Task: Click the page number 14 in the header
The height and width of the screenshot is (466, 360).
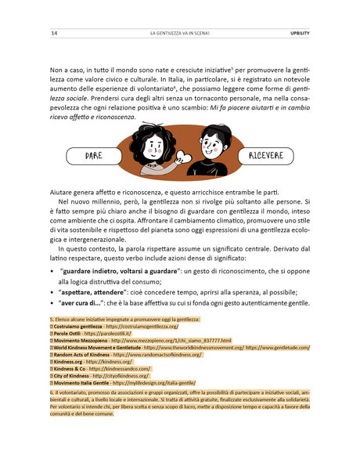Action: tap(53, 34)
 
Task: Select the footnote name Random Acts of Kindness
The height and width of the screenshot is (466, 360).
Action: tap(82, 355)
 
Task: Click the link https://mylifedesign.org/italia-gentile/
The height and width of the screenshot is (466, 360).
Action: tap(157, 383)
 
